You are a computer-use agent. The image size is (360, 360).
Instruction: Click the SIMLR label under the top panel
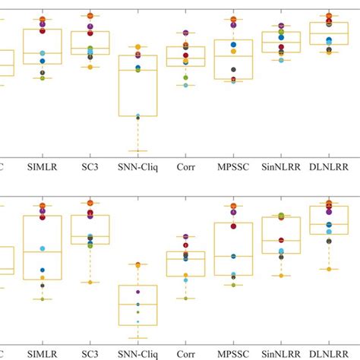[43, 163]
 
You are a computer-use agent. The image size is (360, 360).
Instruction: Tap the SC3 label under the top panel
[90, 163]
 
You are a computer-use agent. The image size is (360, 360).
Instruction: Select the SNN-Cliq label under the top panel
[137, 163]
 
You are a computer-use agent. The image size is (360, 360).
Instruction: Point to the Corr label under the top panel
[185, 163]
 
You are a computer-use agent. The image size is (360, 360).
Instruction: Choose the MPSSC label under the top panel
[233, 163]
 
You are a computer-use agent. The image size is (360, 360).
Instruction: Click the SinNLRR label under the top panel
[280, 163]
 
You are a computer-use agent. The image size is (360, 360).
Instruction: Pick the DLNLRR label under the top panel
[328, 163]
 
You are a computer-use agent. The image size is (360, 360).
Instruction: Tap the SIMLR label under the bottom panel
[43, 353]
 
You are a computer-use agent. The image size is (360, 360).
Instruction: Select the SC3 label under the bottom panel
[90, 353]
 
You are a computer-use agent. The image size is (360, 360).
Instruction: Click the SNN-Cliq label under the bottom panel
[137, 353]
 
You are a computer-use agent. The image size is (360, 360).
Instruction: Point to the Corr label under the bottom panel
[185, 353]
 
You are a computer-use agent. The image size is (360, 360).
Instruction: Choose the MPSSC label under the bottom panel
[233, 353]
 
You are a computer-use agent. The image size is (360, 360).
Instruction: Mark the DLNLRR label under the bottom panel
[328, 353]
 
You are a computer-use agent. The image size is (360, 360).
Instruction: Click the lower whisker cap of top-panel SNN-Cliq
[137, 150]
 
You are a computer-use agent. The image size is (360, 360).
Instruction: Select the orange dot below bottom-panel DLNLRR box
[328, 269]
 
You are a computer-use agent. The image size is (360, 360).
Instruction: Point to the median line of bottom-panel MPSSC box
[233, 256]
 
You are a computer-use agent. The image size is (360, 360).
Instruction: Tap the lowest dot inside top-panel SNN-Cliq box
[137, 116]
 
